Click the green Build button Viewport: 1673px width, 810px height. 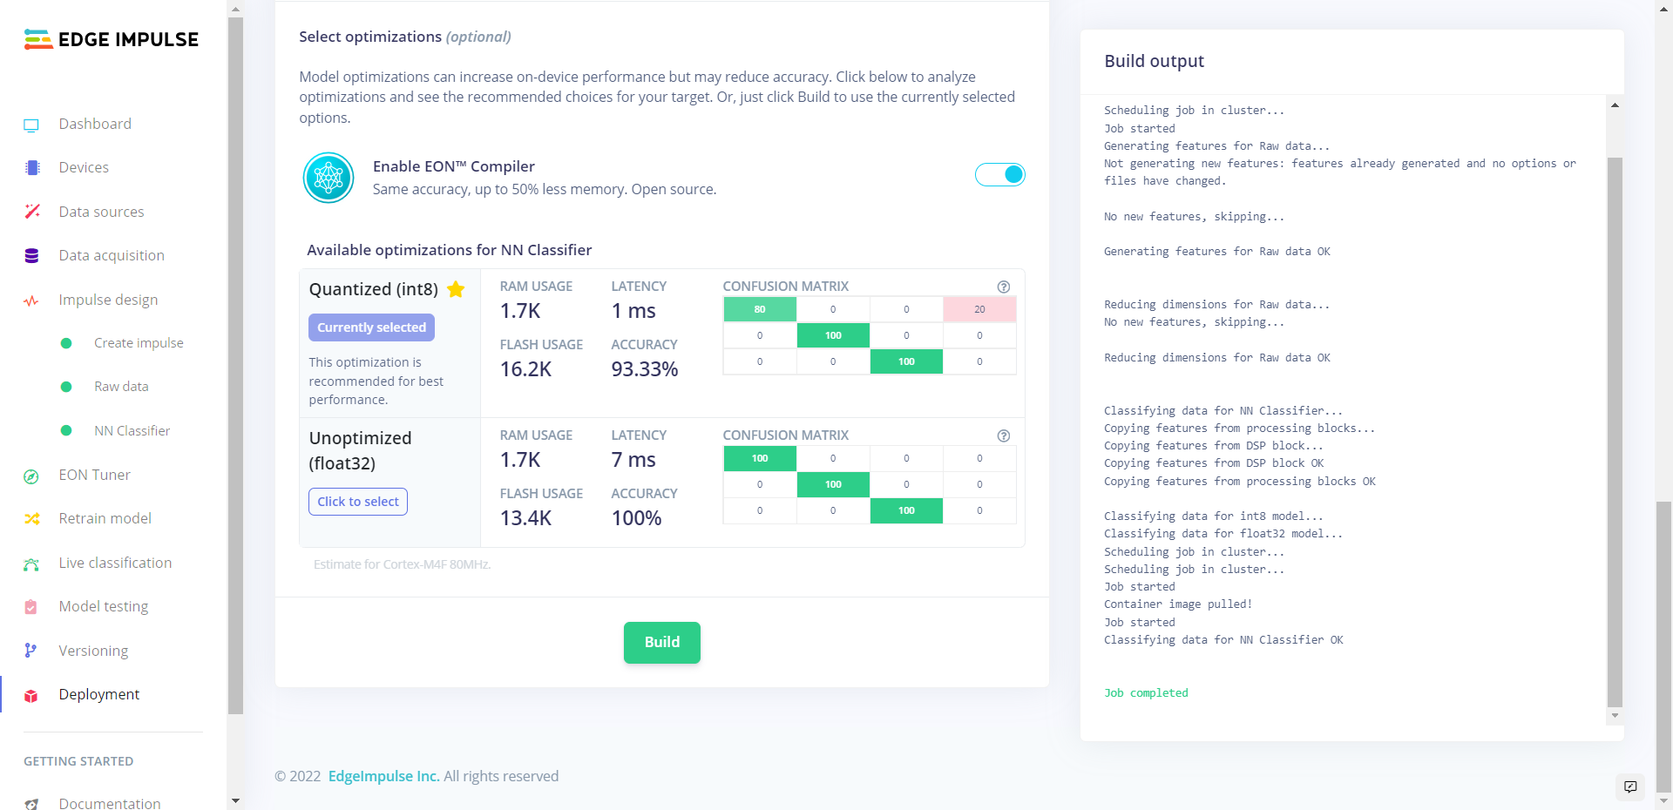click(661, 643)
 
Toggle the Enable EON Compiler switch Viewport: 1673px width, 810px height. click(999, 175)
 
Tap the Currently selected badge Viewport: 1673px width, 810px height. click(371, 327)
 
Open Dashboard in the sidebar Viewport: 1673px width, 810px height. click(95, 124)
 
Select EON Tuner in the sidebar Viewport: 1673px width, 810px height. click(94, 475)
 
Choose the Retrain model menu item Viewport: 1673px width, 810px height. click(105, 518)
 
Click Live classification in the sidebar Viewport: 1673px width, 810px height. click(115, 563)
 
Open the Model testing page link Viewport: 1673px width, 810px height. click(103, 606)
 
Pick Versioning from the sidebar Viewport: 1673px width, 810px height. click(93, 651)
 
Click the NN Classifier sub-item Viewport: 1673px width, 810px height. click(132, 430)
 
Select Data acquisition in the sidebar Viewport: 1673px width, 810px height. click(112, 255)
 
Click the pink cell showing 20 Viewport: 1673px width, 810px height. click(979, 309)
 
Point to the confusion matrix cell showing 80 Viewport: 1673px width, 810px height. click(760, 309)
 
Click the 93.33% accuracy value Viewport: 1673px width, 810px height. click(644, 369)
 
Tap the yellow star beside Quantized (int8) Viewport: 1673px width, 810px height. click(456, 289)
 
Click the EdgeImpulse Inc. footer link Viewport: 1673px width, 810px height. click(383, 776)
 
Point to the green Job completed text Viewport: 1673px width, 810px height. click(1146, 693)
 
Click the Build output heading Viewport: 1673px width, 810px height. click(1154, 61)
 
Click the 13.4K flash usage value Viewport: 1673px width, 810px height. click(525, 518)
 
